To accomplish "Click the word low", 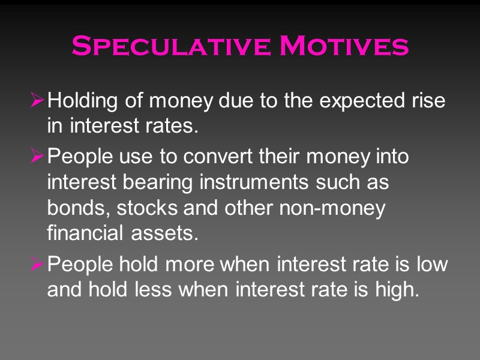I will [431, 264].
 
